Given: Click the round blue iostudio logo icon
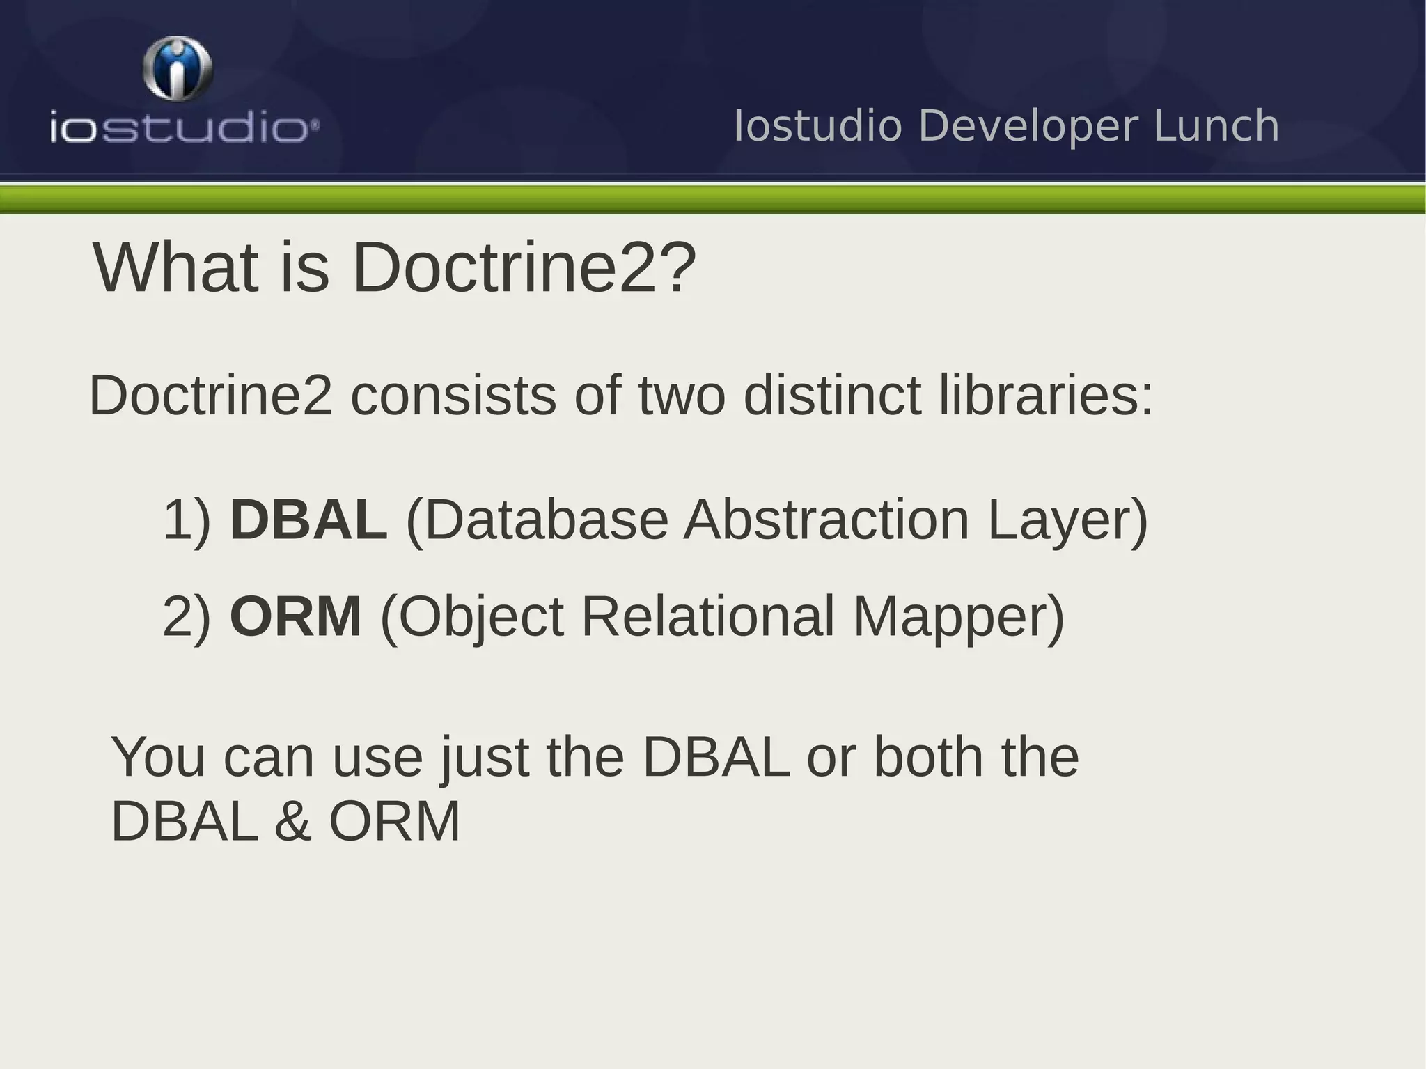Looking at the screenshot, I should click(x=178, y=70).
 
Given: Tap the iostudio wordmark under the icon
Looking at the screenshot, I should click(x=184, y=130).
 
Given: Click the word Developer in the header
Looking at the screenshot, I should click(x=1028, y=126).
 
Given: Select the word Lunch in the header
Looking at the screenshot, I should click(x=1216, y=126).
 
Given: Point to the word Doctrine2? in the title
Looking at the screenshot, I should click(x=524, y=267).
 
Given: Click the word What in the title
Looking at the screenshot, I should click(x=175, y=267).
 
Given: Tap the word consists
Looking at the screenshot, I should click(x=453, y=396).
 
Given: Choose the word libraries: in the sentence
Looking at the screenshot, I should click(x=1046, y=396).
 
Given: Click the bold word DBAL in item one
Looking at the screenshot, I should click(x=308, y=520).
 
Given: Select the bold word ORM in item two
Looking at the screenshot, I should click(x=295, y=616).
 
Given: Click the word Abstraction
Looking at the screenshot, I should click(x=826, y=520).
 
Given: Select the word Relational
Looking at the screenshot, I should click(x=707, y=616).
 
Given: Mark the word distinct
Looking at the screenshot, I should click(x=832, y=396).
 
